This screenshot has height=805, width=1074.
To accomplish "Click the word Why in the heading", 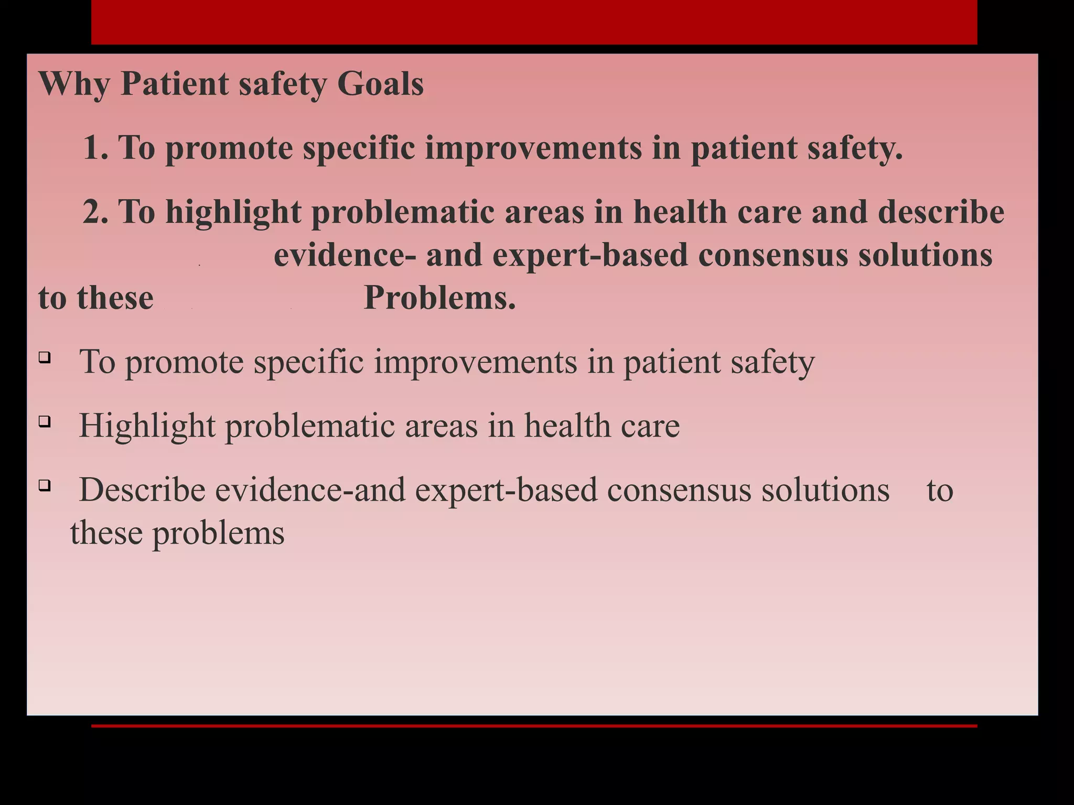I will (73, 84).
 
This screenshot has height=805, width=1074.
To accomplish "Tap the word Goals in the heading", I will (380, 84).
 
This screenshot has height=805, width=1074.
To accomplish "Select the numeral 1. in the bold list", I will (95, 148).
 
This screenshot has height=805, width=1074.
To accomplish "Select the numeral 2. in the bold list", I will (95, 212).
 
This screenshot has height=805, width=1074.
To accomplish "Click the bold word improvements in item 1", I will (533, 148).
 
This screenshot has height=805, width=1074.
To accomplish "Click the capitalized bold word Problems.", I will (439, 298).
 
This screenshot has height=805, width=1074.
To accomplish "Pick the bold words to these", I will (95, 298).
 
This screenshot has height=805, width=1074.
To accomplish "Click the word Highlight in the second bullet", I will (147, 425).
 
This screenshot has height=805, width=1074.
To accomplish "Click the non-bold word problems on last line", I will (218, 534).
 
